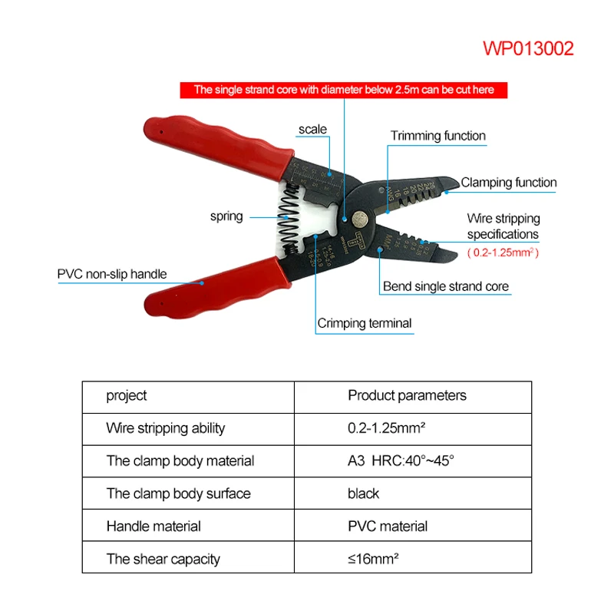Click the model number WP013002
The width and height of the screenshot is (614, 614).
point(528,49)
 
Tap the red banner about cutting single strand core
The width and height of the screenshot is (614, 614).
point(344,90)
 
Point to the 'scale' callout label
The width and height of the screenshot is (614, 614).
point(312,129)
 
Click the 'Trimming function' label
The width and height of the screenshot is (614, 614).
point(437,136)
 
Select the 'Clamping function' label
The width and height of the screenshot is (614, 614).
point(508,183)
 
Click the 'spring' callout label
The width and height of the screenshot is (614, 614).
point(226,216)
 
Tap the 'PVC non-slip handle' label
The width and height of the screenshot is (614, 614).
point(112,274)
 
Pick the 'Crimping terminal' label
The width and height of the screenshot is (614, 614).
point(365,323)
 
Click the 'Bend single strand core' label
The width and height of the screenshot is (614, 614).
point(445,287)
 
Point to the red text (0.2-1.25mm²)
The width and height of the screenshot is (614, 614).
point(503,252)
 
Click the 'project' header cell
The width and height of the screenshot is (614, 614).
point(127,396)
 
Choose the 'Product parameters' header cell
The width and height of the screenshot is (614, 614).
point(407,396)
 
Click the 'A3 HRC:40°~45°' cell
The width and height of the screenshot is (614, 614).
point(401,460)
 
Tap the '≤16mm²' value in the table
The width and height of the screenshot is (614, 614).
point(373,559)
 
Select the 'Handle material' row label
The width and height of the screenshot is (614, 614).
point(153,527)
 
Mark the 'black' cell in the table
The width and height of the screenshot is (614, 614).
point(363,494)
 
